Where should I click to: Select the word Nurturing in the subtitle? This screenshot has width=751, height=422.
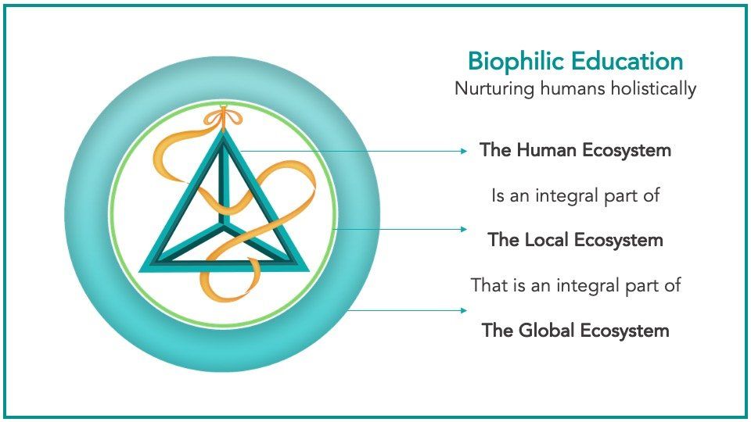(x=494, y=89)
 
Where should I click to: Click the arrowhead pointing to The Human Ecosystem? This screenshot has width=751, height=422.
(x=463, y=151)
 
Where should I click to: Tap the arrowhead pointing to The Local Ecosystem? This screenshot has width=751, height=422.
(x=463, y=229)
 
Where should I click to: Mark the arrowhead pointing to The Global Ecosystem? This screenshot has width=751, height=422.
(x=463, y=310)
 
